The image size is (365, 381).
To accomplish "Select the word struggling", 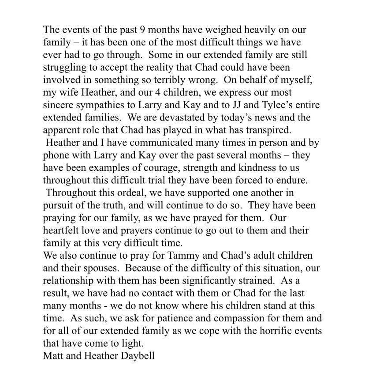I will point(64,68).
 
